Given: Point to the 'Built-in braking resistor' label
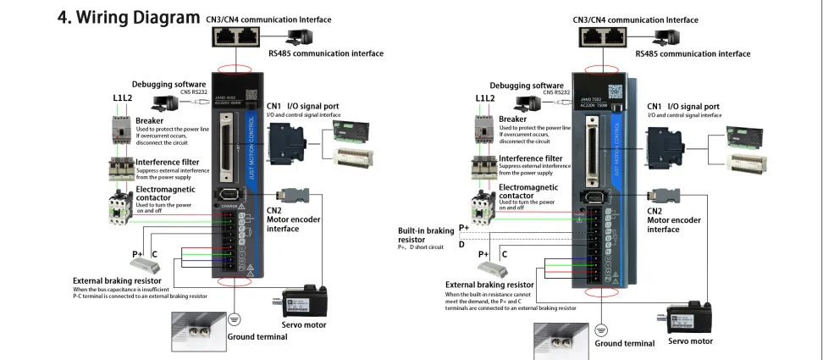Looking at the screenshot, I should point(425,234).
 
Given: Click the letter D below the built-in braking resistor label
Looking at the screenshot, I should point(461,243).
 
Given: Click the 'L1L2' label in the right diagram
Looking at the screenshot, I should point(484,98).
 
